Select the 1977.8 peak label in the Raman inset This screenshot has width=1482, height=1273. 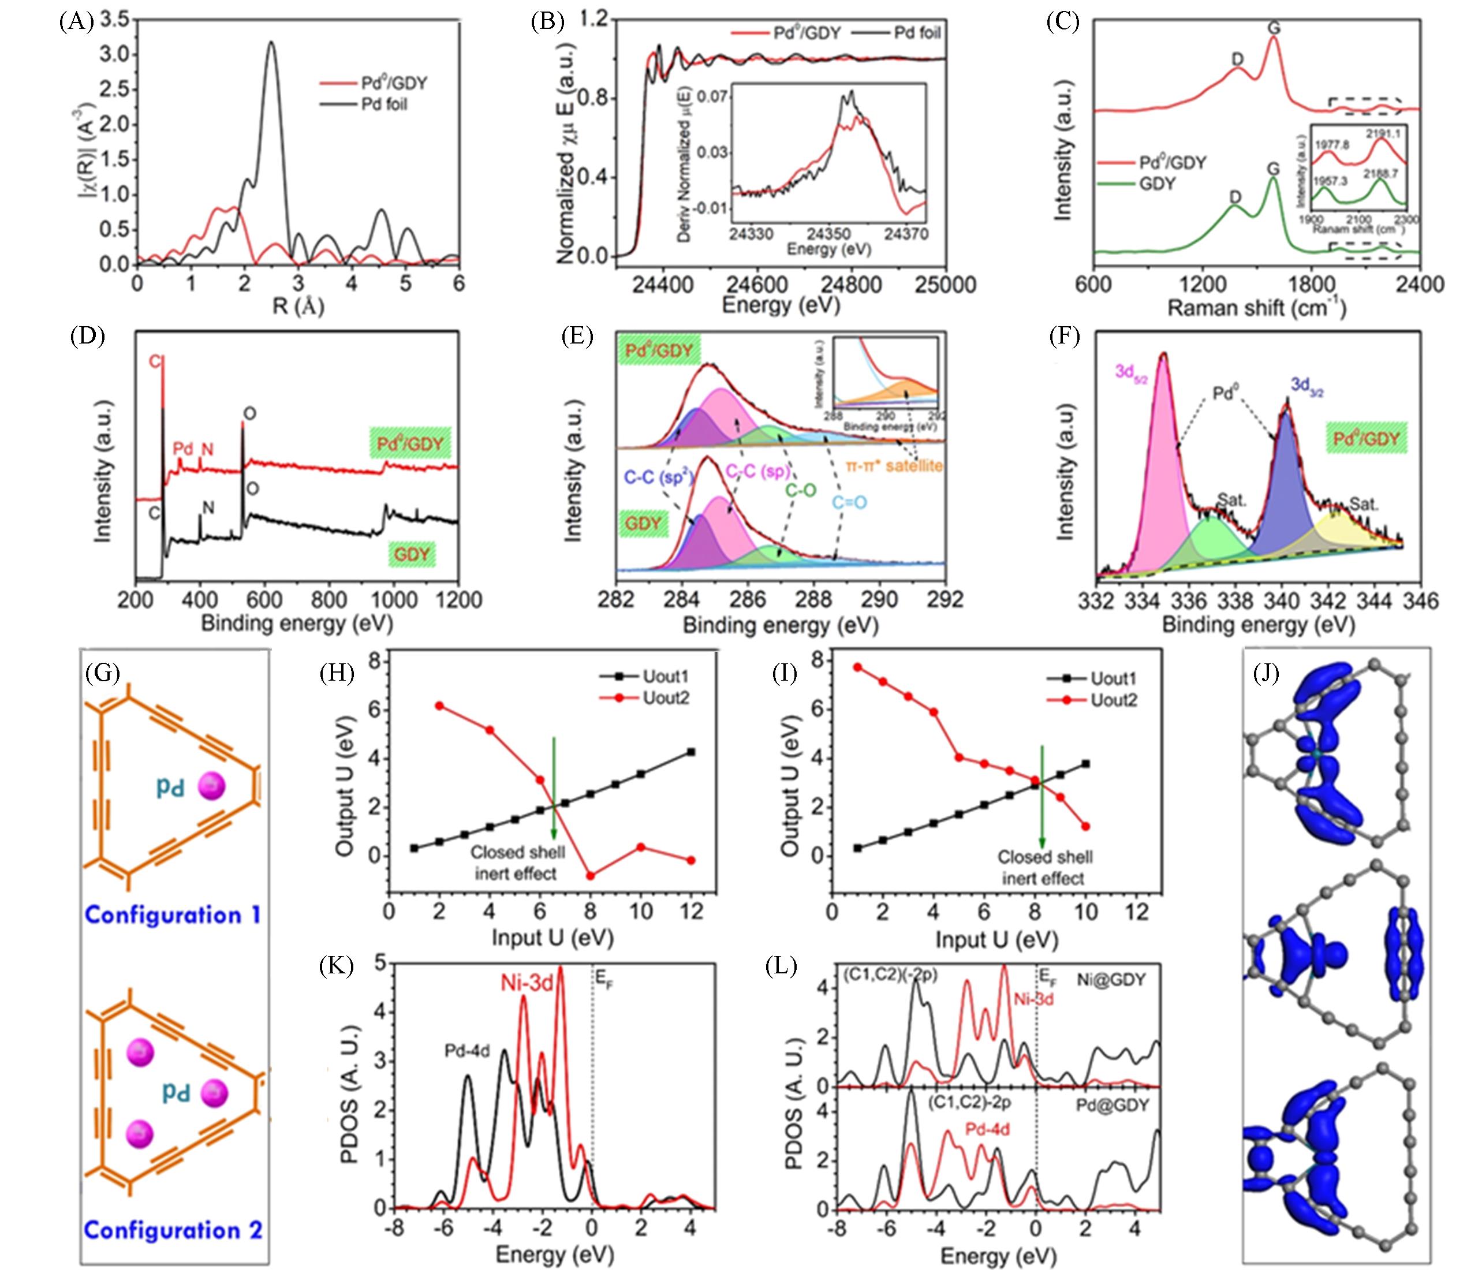coord(1332,144)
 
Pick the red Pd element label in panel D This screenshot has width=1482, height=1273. coord(183,449)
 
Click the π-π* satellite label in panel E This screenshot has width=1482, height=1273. coord(894,465)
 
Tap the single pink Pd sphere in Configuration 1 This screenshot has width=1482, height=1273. coord(212,786)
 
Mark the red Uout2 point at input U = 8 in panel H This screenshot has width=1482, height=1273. coord(591,875)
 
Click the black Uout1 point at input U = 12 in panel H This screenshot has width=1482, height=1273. coord(691,752)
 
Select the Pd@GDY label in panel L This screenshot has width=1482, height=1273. coord(1112,1105)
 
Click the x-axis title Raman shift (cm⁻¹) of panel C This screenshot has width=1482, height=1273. coord(1257,308)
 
